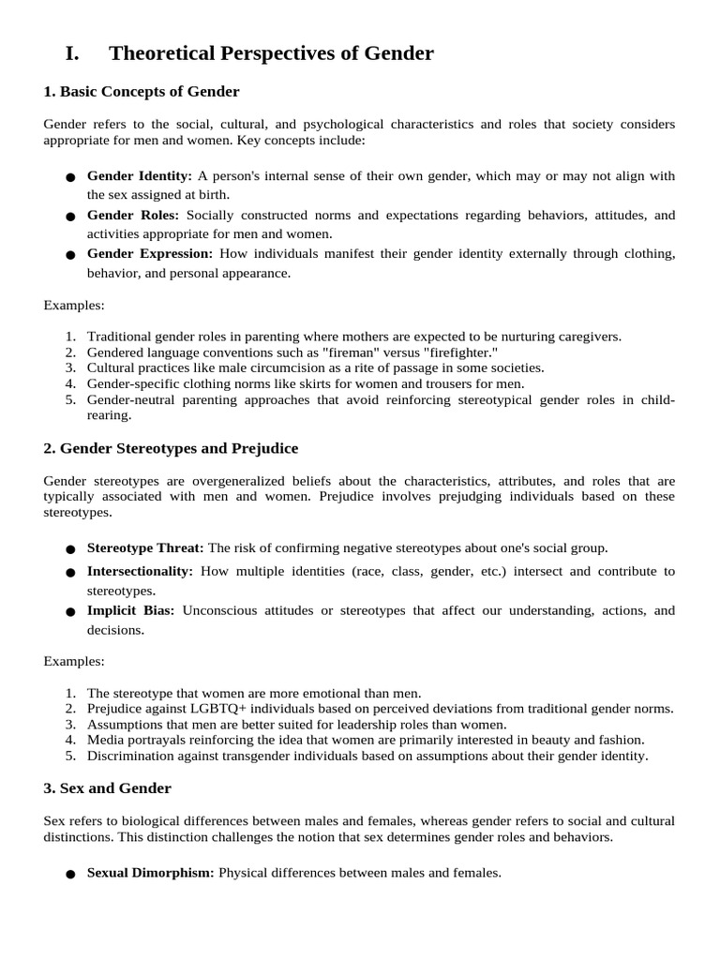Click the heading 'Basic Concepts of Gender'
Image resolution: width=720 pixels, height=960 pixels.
[x=149, y=92]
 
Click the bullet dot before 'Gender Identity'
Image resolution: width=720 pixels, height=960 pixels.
[x=71, y=178]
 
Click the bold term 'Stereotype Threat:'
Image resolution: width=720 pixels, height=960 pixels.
[x=145, y=548]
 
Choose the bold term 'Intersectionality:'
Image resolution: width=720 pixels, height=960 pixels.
[x=140, y=571]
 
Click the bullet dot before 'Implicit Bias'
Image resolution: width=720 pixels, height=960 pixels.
[x=71, y=612]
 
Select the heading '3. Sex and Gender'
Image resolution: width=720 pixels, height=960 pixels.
[x=108, y=788]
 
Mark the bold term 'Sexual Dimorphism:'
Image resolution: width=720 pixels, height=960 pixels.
[x=151, y=873]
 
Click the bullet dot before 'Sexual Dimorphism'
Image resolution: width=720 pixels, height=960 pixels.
[x=71, y=875]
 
